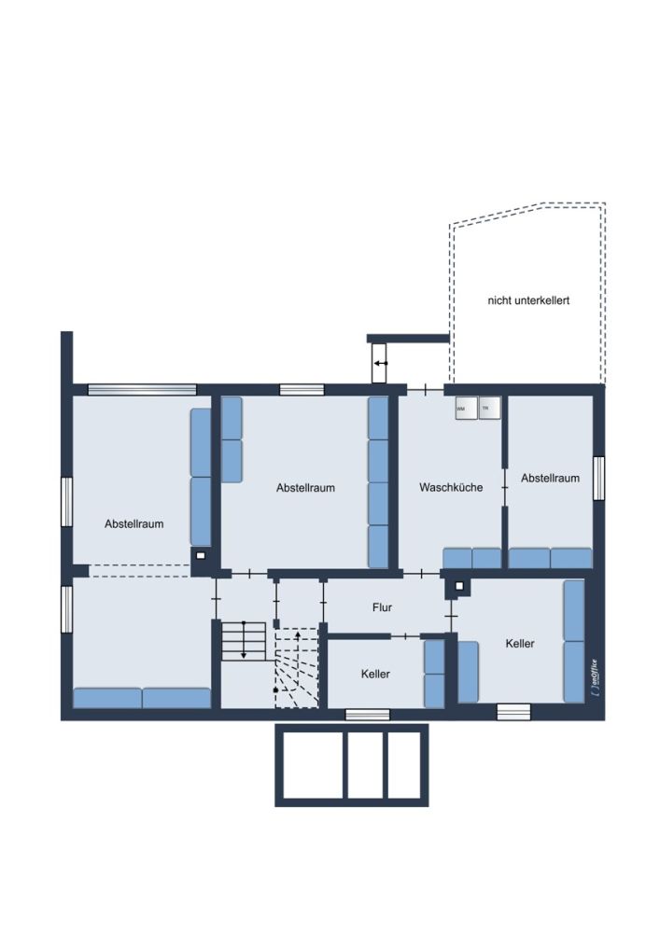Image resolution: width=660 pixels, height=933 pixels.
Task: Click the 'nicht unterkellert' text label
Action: point(528,300)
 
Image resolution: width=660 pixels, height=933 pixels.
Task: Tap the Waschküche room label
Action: point(451,487)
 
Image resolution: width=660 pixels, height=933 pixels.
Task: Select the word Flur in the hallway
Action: point(382,607)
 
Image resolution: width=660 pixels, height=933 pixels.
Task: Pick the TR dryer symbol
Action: point(487,408)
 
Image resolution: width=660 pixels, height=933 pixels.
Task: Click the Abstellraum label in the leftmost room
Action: point(133,523)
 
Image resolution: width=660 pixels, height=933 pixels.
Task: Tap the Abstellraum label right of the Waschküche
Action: point(550,478)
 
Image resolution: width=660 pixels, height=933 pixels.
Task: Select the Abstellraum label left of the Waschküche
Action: point(305,487)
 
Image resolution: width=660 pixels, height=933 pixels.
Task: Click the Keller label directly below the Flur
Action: point(375,674)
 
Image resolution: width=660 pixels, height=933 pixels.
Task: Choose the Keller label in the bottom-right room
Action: point(520,643)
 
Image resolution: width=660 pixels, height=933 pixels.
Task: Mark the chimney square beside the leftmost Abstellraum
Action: point(200,557)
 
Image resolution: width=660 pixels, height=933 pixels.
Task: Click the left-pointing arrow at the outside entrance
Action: point(380,363)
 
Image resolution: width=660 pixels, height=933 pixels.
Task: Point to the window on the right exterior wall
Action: point(598,479)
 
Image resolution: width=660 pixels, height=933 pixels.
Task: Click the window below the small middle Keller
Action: point(367,715)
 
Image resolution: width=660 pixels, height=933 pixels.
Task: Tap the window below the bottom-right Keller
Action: point(513,712)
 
